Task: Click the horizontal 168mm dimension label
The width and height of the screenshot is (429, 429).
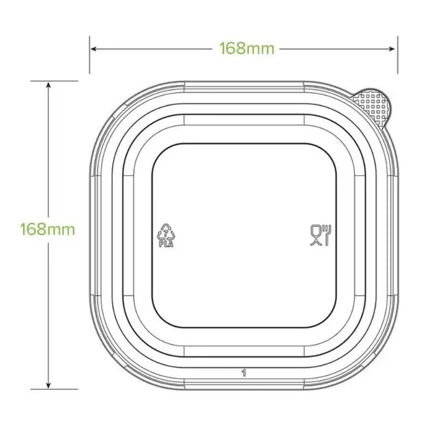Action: tap(247, 49)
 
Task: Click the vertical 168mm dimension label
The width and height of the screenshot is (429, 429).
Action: tap(47, 230)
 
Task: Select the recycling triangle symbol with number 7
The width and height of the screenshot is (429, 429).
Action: tap(166, 232)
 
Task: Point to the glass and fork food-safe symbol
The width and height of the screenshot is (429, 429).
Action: tap(321, 235)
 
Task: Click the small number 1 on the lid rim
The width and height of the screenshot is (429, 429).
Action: tap(244, 373)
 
